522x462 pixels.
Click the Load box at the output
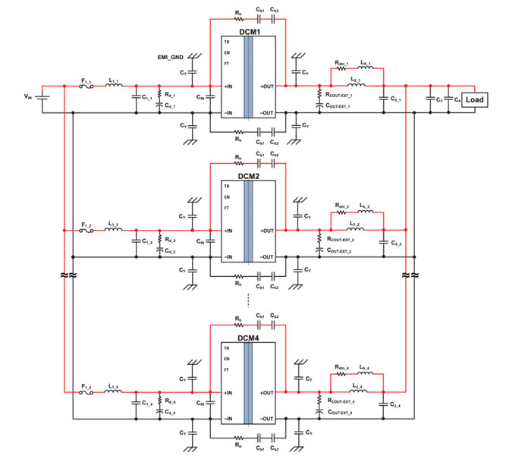click(474, 99)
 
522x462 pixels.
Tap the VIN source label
click(28, 96)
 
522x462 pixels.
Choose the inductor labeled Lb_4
click(365, 369)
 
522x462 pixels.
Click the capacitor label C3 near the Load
click(439, 99)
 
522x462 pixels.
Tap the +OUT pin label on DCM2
click(266, 230)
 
